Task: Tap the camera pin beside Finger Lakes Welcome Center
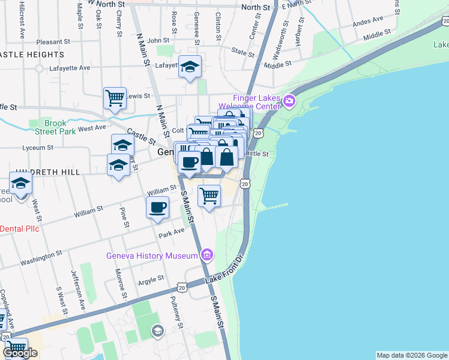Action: tap(291, 100)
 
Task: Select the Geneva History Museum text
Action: tap(152, 256)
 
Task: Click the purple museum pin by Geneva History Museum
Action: tap(207, 255)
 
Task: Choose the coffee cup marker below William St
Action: tap(158, 208)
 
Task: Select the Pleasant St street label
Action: tap(53, 42)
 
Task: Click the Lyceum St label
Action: tap(37, 146)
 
